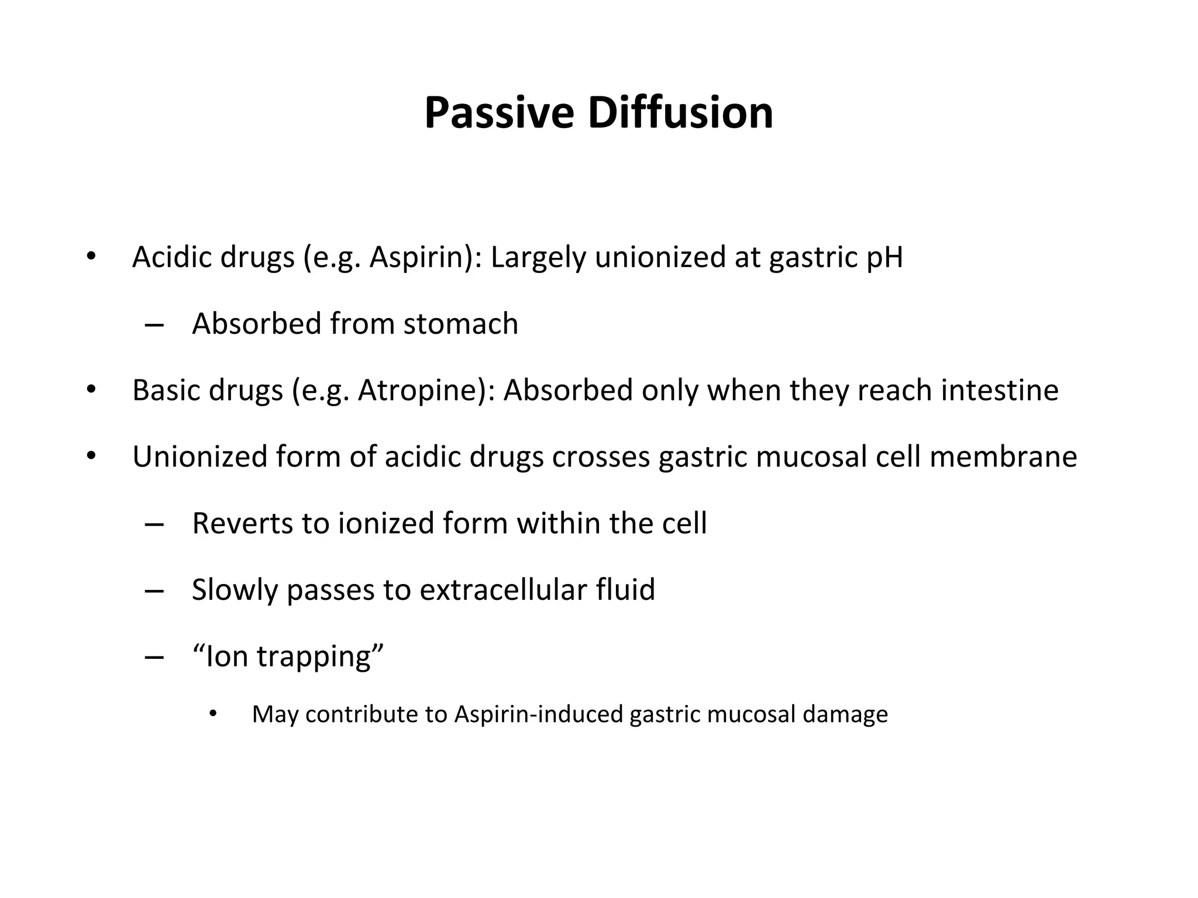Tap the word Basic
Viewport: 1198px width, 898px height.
click(166, 391)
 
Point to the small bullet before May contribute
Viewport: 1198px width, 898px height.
click(213, 714)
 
